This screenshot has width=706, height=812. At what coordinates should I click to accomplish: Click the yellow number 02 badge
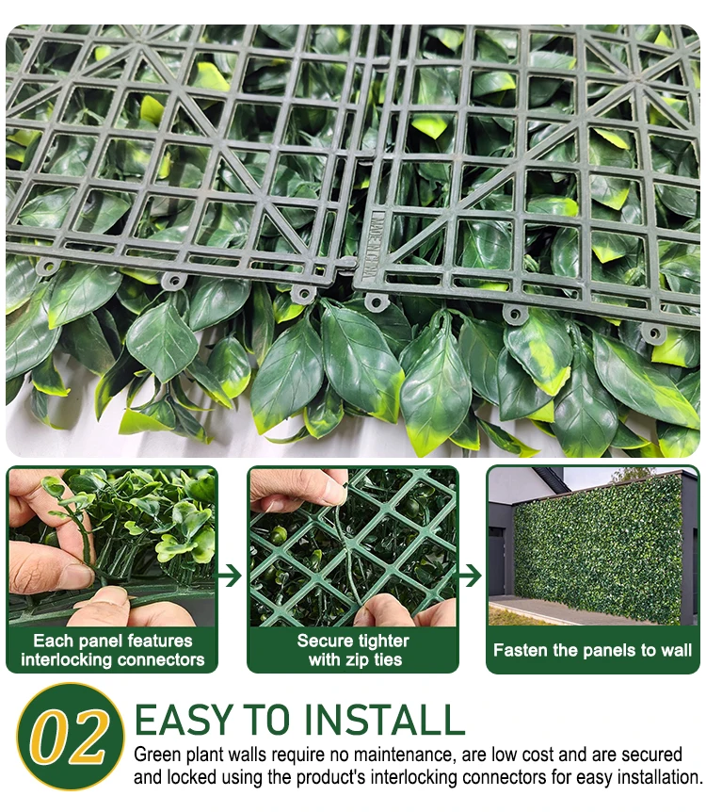click(x=71, y=736)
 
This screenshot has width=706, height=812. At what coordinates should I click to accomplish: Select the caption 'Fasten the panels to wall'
click(x=592, y=650)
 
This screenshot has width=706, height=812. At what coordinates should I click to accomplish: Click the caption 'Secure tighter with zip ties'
click(x=354, y=650)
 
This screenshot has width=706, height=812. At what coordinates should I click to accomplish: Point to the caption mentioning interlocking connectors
click(x=112, y=650)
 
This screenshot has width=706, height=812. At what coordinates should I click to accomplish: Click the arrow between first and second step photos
click(x=229, y=576)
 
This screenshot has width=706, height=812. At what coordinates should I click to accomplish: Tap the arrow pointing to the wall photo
click(x=470, y=576)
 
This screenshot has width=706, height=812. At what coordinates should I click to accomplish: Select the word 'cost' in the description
click(x=538, y=755)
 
